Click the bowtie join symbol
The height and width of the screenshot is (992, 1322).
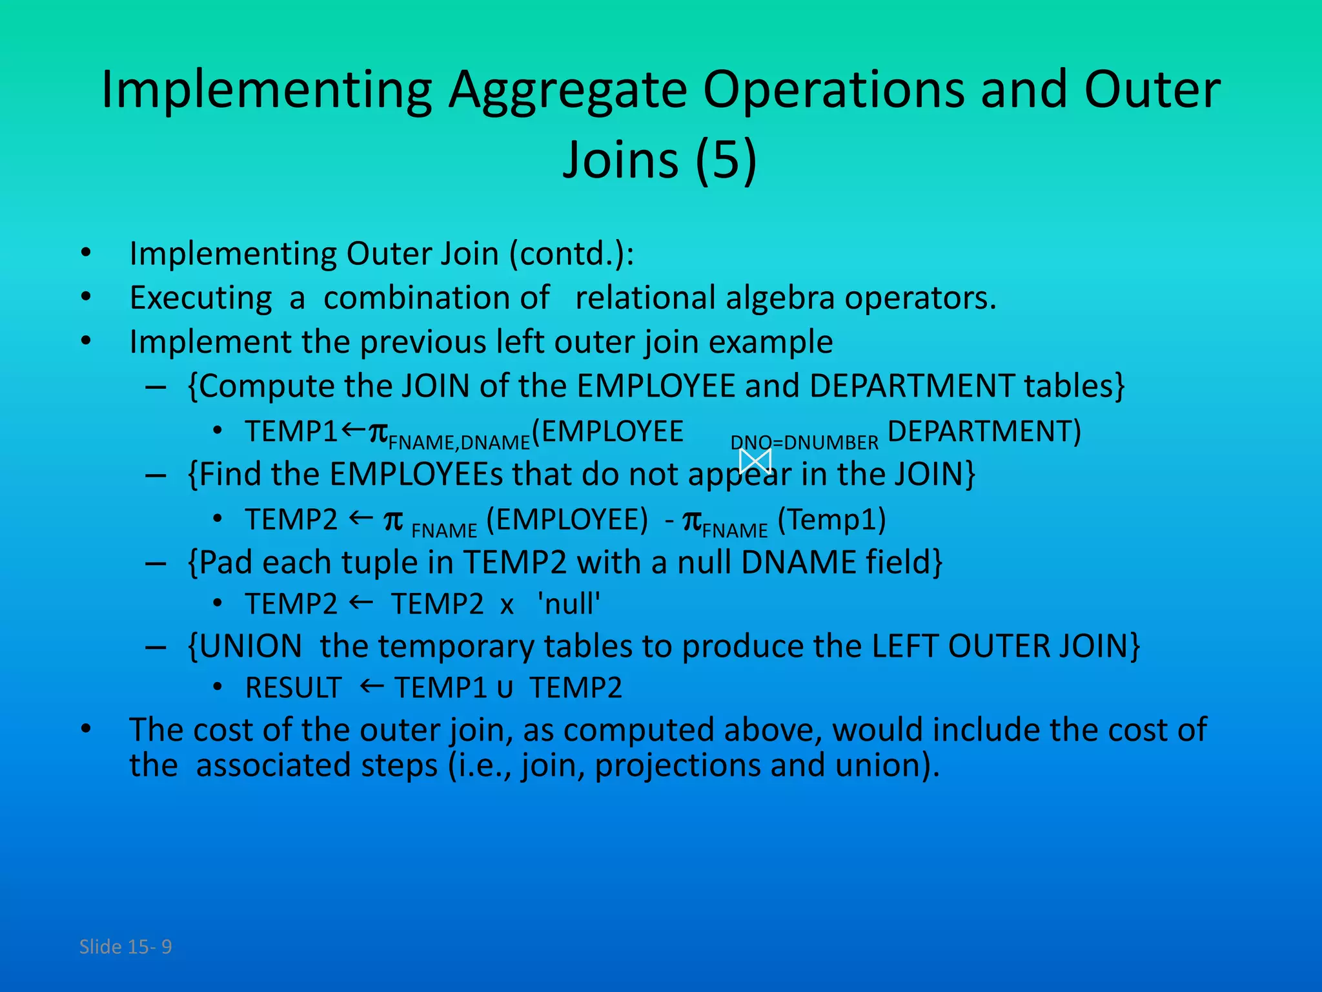[755, 461]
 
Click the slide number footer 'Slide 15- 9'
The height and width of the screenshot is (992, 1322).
[125, 947]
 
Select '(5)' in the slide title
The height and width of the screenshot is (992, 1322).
[726, 160]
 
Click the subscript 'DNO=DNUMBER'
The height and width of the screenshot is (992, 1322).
[804, 443]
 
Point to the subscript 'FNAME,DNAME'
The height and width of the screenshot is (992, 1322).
[459, 443]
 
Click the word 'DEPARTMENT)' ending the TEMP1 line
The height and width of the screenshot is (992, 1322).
[984, 431]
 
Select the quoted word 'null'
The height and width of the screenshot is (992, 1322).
[569, 604]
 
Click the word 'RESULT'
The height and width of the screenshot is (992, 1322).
[294, 688]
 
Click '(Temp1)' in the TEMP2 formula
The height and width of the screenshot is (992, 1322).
[831, 520]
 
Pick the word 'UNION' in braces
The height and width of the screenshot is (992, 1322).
[250, 646]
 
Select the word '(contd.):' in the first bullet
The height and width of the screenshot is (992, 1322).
[572, 254]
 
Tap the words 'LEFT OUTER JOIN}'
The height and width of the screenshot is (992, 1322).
[1006, 646]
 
